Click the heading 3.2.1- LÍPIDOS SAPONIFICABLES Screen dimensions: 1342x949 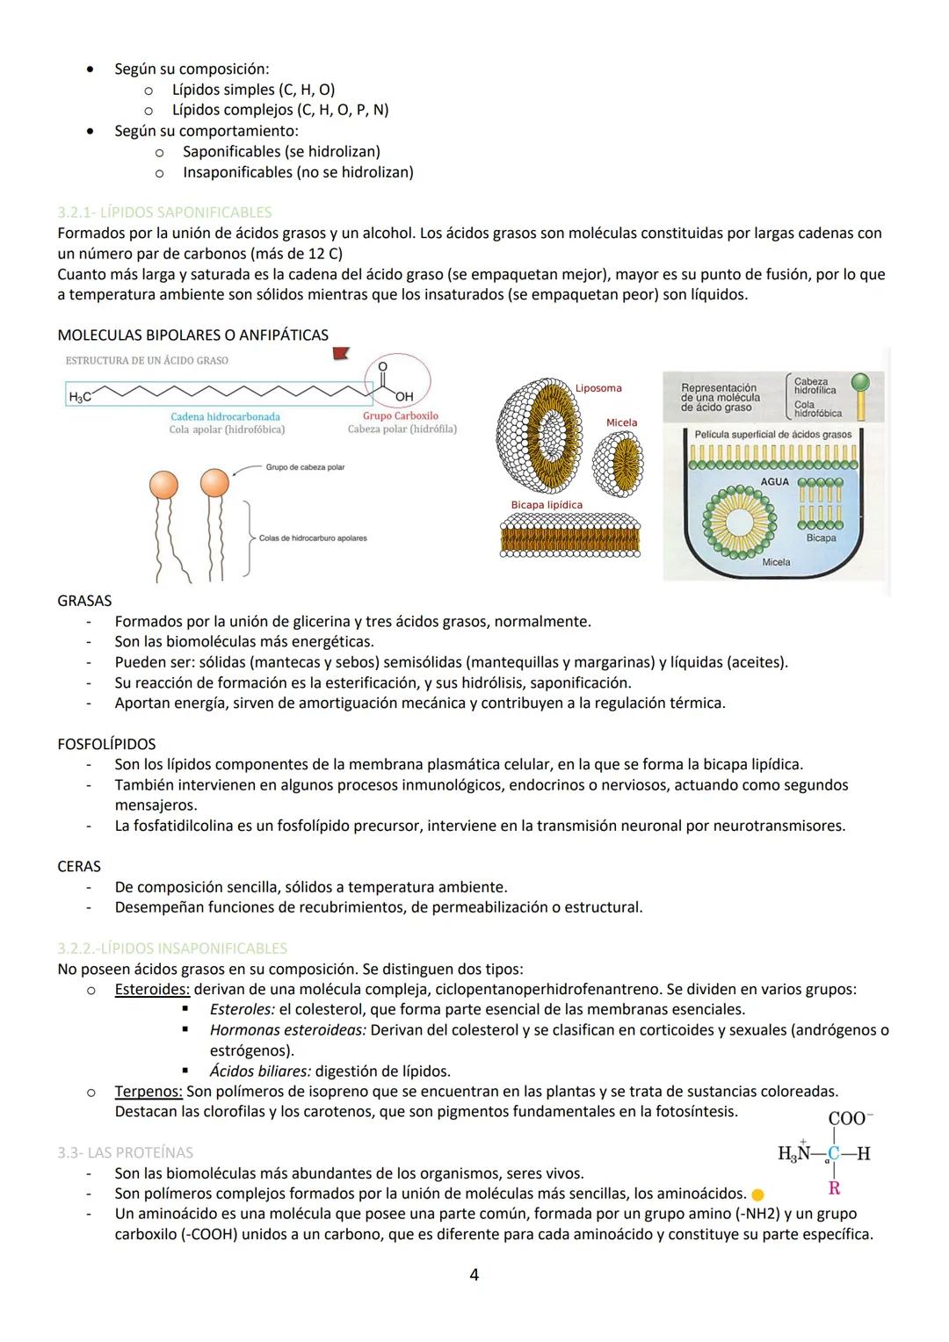pyautogui.click(x=164, y=213)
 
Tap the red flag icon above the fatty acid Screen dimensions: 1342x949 pyautogui.click(x=339, y=353)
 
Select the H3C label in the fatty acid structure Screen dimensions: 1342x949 pyautogui.click(x=80, y=397)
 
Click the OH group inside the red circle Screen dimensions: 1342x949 pyautogui.click(x=404, y=397)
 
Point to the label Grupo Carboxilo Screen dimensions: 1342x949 pyautogui.click(x=400, y=415)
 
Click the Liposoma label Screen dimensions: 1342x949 pyautogui.click(x=598, y=388)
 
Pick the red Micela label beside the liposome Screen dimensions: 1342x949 pyautogui.click(x=621, y=422)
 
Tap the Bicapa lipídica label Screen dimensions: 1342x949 pyautogui.click(x=547, y=505)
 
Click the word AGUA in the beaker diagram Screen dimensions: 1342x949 pyautogui.click(x=774, y=482)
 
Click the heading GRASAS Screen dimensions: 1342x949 pyautogui.click(x=84, y=602)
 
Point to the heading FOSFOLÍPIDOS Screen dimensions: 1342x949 pyautogui.click(x=106, y=744)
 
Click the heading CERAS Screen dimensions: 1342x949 pyautogui.click(x=79, y=867)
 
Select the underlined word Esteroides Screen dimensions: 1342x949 pyautogui.click(x=151, y=990)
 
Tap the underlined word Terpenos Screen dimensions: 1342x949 pyautogui.click(x=149, y=1092)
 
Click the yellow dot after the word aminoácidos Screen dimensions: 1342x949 pyautogui.click(x=757, y=1194)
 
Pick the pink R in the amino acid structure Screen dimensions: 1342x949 pyautogui.click(x=834, y=1188)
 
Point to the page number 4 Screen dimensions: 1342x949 pyautogui.click(x=474, y=1274)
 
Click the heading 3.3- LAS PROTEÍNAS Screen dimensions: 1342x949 pyautogui.click(x=125, y=1153)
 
